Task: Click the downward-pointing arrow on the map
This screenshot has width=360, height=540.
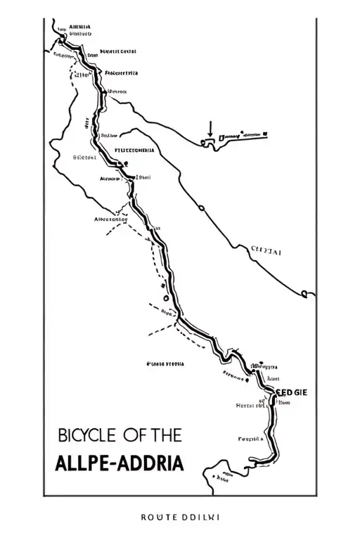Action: (x=210, y=129)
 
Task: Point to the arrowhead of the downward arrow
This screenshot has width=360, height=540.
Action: (x=210, y=136)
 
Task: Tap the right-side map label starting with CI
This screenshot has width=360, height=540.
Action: (x=266, y=249)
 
